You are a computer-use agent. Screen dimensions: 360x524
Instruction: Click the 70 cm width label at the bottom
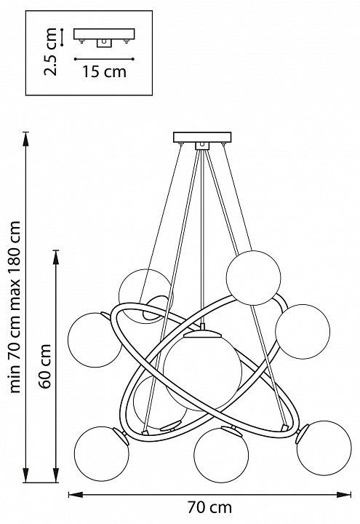click(209, 507)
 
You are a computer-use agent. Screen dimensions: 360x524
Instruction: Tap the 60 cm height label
click(45, 366)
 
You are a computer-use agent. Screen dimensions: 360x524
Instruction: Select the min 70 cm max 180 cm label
click(15, 307)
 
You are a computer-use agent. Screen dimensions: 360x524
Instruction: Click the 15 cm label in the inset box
click(104, 71)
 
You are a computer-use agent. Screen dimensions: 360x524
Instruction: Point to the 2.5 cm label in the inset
click(51, 52)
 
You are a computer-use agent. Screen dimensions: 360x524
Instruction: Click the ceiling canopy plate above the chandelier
click(202, 138)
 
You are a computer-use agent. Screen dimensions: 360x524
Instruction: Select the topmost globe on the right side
click(253, 278)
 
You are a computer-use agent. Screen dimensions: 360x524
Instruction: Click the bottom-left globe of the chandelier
click(101, 454)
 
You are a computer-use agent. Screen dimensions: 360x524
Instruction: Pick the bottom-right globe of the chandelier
click(324, 448)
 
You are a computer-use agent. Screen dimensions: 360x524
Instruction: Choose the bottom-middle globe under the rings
click(221, 455)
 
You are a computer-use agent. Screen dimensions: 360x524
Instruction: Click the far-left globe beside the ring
click(95, 340)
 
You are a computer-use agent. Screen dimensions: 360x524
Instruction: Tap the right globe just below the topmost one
click(303, 332)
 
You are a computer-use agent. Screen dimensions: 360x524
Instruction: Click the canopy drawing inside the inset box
click(104, 37)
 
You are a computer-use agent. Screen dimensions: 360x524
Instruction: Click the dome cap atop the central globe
click(202, 333)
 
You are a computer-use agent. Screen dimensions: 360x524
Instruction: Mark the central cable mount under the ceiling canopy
click(202, 146)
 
